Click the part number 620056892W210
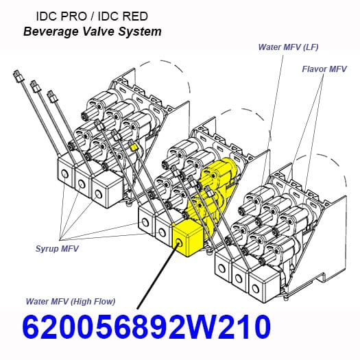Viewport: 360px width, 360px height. click(147, 327)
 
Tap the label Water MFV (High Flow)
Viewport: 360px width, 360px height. click(71, 302)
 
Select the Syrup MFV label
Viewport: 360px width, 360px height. click(57, 249)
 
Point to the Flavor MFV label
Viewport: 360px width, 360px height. click(324, 69)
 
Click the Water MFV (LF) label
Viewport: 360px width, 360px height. click(289, 47)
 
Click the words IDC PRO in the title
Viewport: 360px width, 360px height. click(62, 16)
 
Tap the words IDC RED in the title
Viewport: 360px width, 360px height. click(123, 16)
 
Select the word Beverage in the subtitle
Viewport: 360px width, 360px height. click(51, 32)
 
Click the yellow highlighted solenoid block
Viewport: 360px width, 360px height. click(187, 238)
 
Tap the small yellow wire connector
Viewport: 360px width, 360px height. click(134, 147)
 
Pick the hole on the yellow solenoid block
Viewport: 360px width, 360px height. click(178, 243)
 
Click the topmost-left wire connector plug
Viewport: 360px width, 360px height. click(18, 75)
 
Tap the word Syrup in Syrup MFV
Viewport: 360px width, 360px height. click(47, 249)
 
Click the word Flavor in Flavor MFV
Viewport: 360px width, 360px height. click(314, 69)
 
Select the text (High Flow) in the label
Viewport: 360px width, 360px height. click(93, 302)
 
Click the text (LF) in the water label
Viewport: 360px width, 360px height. click(311, 47)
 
